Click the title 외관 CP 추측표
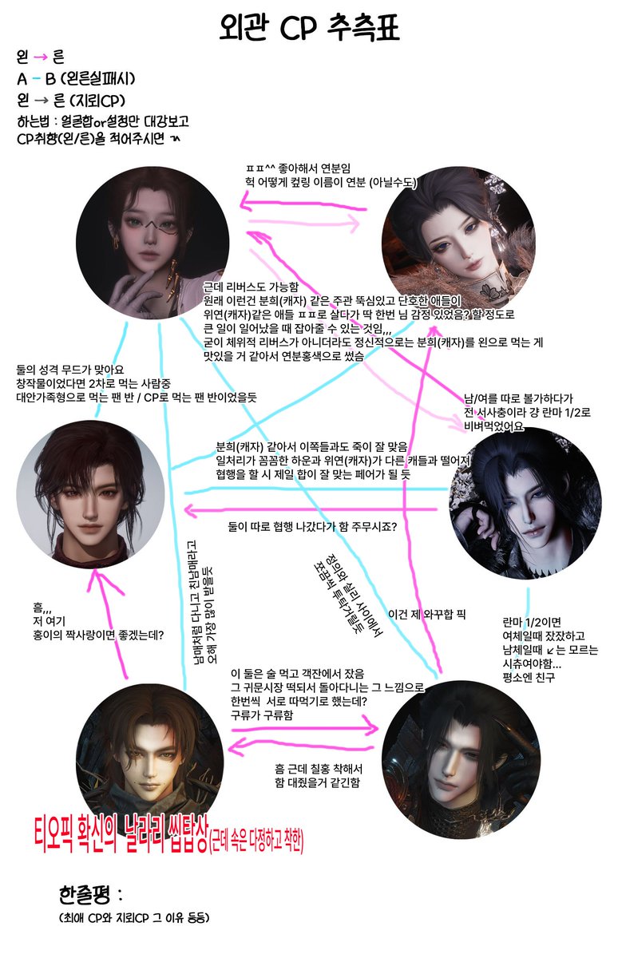tap(308, 29)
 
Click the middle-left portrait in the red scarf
tap(91, 485)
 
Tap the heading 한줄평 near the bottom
tap(87, 892)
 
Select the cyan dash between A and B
tap(38, 79)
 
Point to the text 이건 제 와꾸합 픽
tap(426, 614)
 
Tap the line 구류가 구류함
tap(261, 716)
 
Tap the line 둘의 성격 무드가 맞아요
tap(72, 369)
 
